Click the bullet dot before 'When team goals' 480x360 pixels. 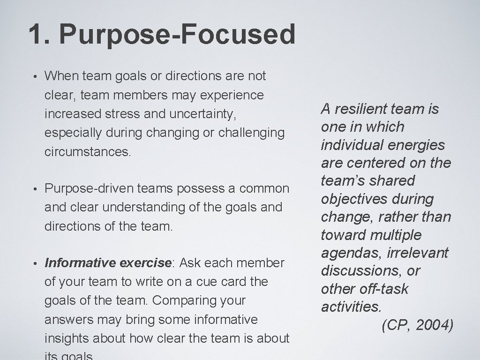pos(35,76)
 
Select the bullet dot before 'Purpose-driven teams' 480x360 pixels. pos(35,188)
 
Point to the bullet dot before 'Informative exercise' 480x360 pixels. pos(35,263)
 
